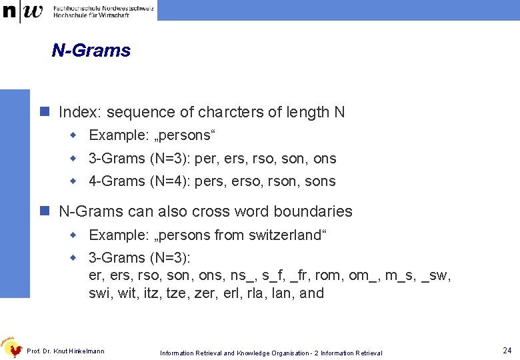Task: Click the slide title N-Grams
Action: (91, 50)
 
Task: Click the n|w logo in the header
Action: (23, 11)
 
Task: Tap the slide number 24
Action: (507, 350)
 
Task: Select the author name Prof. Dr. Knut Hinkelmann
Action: (65, 351)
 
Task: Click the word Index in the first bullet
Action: (79, 112)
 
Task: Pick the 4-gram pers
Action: (209, 181)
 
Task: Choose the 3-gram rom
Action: (329, 276)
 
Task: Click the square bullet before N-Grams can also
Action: (45, 211)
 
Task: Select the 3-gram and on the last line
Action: (311, 293)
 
